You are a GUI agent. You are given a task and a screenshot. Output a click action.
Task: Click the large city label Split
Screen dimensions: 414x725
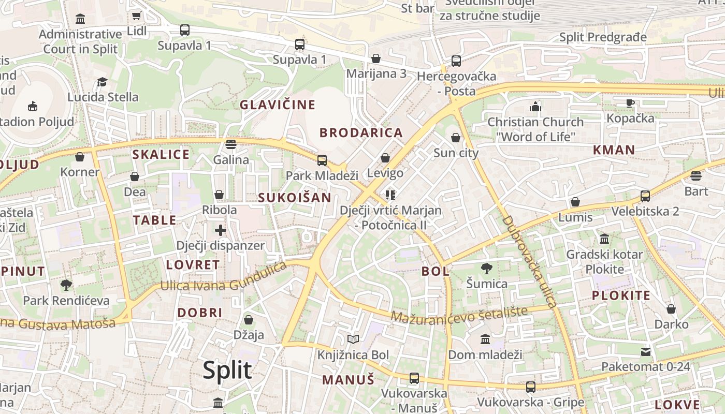click(227, 371)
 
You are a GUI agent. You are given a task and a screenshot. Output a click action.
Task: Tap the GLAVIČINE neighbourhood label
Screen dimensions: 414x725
click(277, 105)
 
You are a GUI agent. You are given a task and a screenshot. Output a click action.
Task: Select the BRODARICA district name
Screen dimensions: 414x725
click(361, 133)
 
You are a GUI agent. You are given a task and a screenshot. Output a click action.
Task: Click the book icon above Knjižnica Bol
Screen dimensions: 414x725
click(353, 339)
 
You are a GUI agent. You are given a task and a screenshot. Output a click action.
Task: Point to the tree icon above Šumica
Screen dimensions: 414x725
click(486, 268)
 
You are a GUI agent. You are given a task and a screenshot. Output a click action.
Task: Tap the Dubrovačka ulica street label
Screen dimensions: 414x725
click(528, 261)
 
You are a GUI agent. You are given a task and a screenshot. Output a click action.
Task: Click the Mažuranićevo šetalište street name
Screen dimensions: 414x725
click(459, 314)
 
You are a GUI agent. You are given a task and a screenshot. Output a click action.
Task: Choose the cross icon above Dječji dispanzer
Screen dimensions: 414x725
click(221, 230)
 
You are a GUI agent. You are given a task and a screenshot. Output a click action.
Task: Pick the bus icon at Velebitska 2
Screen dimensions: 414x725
click(645, 196)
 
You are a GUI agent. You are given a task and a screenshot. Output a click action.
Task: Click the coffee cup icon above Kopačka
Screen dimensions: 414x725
click(630, 103)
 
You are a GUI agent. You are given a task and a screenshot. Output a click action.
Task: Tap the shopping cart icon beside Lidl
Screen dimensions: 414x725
click(136, 16)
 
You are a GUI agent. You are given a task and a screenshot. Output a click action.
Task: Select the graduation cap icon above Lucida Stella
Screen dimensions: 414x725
click(103, 82)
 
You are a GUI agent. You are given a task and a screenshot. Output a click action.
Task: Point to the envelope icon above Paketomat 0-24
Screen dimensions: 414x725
click(645, 352)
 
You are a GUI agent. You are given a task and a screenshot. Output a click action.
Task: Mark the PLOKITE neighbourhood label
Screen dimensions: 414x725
click(621, 296)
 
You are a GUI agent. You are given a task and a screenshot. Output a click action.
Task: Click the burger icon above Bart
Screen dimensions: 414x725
click(696, 176)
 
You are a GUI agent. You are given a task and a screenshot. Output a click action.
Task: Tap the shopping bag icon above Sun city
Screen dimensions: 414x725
click(456, 138)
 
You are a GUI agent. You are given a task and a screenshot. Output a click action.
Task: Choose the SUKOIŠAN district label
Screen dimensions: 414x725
click(294, 198)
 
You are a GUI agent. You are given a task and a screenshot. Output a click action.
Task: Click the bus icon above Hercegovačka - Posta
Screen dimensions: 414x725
click(456, 61)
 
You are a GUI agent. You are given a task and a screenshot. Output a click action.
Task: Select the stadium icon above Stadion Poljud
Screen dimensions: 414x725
click(33, 106)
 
